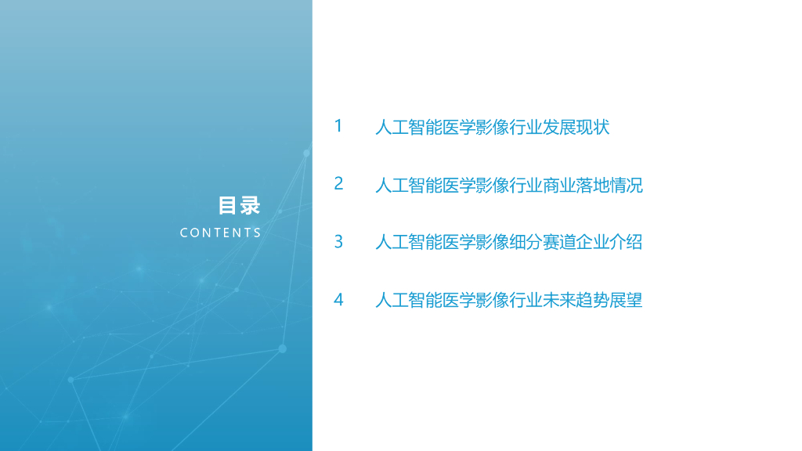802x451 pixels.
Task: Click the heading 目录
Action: (x=239, y=206)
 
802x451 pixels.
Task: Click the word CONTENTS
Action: (x=220, y=233)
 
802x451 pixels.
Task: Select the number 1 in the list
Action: (x=338, y=126)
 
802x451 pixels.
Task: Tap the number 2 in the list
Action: (x=338, y=184)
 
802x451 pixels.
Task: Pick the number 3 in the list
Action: (x=338, y=242)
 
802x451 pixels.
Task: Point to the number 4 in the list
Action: (x=338, y=300)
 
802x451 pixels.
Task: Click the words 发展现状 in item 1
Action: (x=576, y=127)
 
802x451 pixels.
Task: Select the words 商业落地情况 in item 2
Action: (x=593, y=186)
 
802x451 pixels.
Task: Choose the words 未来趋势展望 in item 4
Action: (x=593, y=301)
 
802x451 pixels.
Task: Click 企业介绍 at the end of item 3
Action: (x=609, y=243)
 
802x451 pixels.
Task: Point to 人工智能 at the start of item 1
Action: (x=409, y=127)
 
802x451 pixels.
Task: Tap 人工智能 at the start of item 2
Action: (x=409, y=186)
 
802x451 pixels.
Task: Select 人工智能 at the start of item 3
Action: (x=409, y=243)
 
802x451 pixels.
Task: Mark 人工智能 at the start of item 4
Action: (x=409, y=301)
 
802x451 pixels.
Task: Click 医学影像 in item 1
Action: (x=475, y=127)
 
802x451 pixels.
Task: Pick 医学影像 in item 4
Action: (x=475, y=301)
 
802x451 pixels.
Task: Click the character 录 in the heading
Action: (x=250, y=206)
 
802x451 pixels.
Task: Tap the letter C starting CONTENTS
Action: (x=184, y=233)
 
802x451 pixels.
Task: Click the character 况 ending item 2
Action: (x=634, y=186)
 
